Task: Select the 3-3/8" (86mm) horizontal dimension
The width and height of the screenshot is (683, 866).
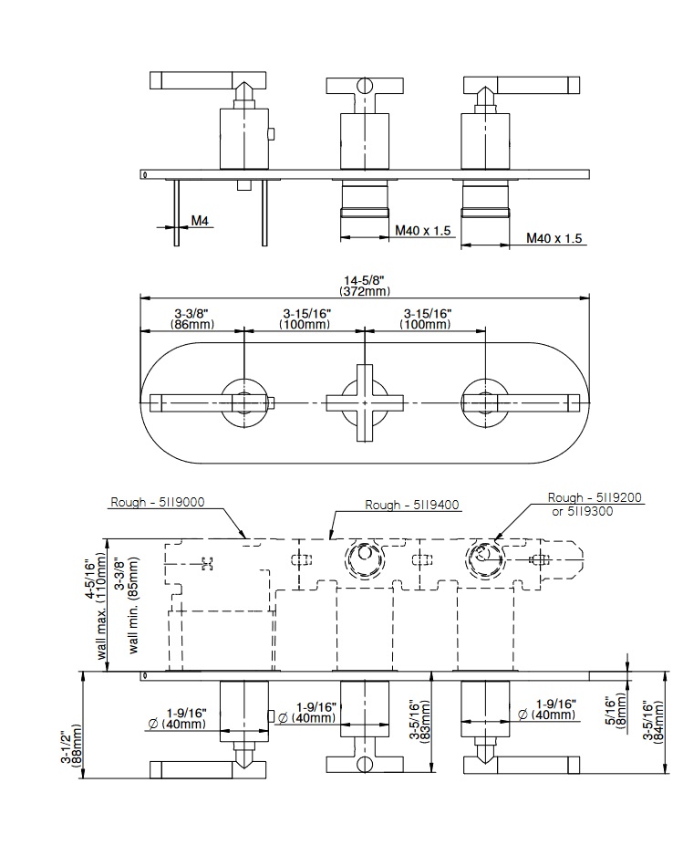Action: click(193, 319)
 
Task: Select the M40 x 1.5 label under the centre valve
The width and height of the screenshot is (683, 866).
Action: click(422, 231)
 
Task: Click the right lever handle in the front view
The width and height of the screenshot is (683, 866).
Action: click(529, 401)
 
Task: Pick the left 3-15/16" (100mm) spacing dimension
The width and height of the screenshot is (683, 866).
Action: click(305, 319)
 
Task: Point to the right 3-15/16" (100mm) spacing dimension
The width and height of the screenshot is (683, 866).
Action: click(427, 319)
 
